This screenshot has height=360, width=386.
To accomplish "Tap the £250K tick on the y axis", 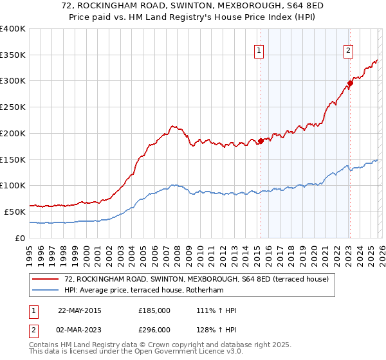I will click(13, 107).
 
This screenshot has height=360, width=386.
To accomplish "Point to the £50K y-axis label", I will click(15, 212).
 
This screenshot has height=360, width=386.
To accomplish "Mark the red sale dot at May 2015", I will click(261, 141).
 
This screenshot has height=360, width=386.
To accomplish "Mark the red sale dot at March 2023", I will click(350, 82).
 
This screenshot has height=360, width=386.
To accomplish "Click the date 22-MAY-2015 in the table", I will click(79, 310).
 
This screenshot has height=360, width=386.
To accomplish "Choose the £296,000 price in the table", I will click(154, 330).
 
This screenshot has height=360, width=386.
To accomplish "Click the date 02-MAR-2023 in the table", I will click(79, 330).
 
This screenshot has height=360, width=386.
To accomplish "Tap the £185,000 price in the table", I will click(154, 310).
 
